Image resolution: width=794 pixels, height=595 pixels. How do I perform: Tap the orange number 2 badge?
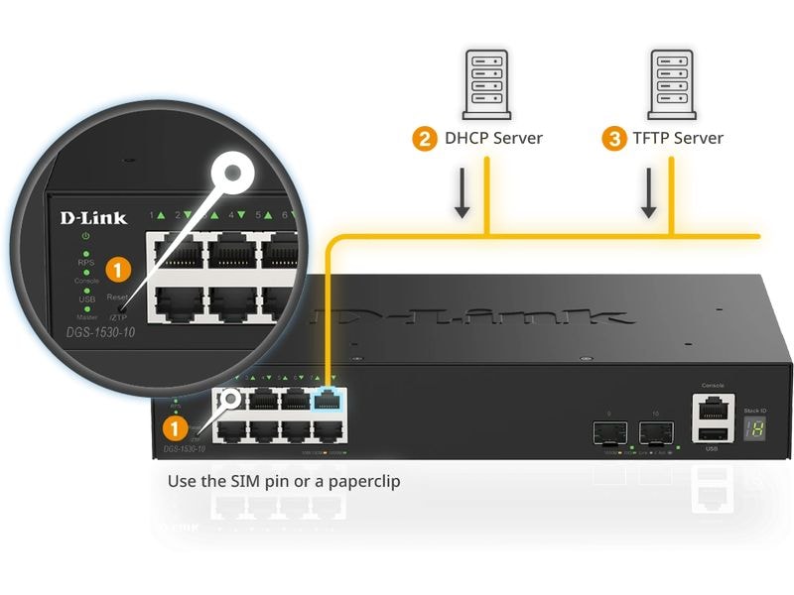425,138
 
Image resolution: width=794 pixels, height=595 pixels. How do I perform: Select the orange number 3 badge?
614,138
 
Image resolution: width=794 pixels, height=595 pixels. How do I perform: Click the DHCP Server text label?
492,138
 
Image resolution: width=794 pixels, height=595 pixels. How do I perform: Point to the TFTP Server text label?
678,138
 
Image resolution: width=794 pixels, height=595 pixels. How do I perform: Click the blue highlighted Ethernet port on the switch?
327,400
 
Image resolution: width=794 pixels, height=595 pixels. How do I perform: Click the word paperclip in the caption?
363,481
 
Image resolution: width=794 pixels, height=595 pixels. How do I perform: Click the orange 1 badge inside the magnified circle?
119,268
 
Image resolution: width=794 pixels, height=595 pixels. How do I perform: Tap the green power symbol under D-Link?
86,237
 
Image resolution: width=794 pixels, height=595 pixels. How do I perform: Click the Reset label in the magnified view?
117,297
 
